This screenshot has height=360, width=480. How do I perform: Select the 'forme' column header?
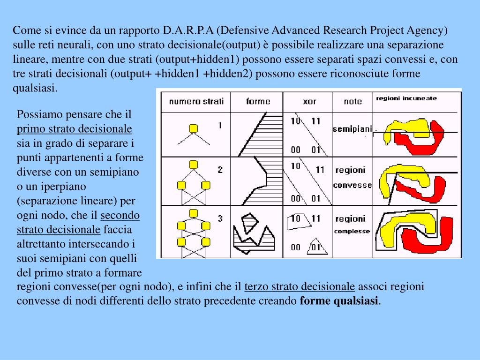click(x=258, y=101)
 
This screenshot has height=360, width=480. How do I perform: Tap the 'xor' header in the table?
click(x=309, y=101)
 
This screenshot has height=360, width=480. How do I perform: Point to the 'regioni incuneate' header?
click(x=406, y=98)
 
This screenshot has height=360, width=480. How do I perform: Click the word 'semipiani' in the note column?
click(x=352, y=129)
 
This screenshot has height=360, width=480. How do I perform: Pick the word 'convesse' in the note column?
click(x=352, y=185)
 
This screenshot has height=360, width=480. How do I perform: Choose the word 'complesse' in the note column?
click(x=352, y=231)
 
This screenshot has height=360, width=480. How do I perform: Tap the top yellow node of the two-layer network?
click(x=192, y=165)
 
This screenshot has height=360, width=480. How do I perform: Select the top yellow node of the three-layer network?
click(x=192, y=214)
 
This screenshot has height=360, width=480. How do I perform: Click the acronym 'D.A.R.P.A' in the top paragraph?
click(x=188, y=31)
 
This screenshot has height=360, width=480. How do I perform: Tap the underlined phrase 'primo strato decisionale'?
click(x=75, y=129)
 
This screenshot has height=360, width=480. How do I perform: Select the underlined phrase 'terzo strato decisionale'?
click(x=300, y=287)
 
